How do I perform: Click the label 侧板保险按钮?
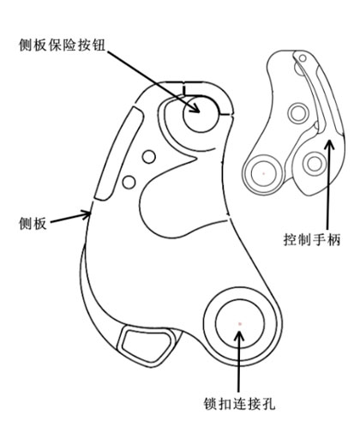(x=62, y=45)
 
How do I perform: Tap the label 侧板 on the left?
(x=33, y=223)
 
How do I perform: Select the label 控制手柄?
(x=312, y=239)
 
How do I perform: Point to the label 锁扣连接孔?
(x=239, y=404)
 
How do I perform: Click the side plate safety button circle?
(x=201, y=114)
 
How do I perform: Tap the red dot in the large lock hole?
(x=240, y=324)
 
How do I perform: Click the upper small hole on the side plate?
(x=149, y=157)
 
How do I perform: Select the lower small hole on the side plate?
(x=129, y=182)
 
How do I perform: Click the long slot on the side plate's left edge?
(x=118, y=153)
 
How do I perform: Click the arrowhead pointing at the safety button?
(x=195, y=108)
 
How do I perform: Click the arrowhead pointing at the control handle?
(x=330, y=145)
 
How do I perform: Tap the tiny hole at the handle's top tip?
(x=303, y=58)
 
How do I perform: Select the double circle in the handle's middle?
(x=298, y=113)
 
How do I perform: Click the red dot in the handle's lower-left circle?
(x=264, y=173)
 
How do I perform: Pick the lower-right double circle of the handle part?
(x=315, y=164)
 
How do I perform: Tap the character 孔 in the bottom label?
(x=268, y=404)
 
